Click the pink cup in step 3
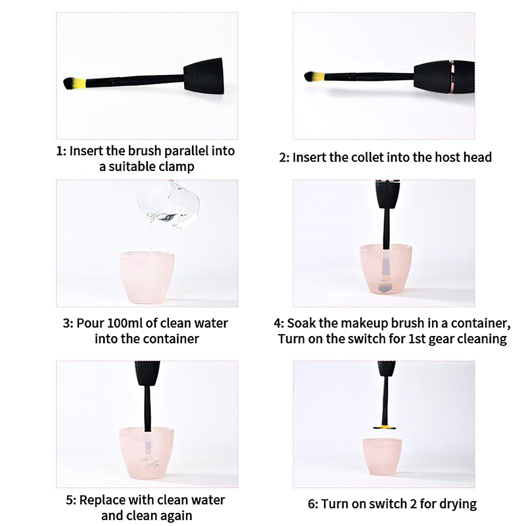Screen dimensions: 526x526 [147, 277]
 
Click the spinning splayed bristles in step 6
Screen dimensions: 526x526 [384, 427]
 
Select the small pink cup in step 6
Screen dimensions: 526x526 [382, 456]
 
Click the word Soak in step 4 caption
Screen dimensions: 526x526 [300, 323]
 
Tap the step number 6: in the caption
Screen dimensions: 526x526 [313, 504]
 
